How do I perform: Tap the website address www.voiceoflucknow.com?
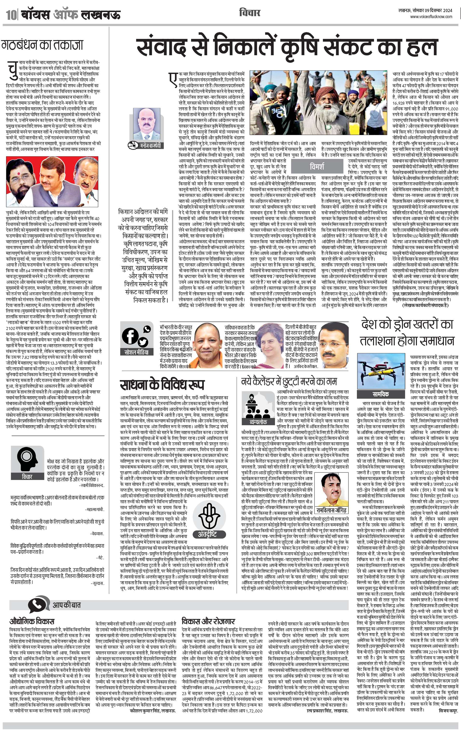pyautogui.click(x=431, y=17)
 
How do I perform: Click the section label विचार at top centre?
pyautogui.click(x=250, y=13)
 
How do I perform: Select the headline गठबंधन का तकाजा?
pyautogui.click(x=42, y=45)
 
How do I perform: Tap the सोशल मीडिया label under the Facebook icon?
pyautogui.click(x=136, y=352)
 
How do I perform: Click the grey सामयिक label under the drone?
pyautogui.click(x=380, y=394)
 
